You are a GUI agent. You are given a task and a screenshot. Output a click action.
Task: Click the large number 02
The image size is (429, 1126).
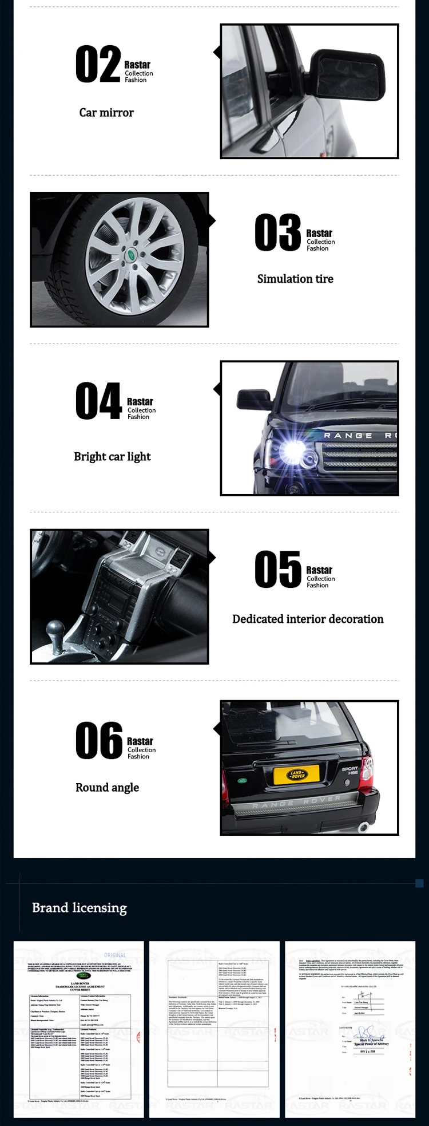98,65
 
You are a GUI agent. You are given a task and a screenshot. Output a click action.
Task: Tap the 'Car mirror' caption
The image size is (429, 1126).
106,113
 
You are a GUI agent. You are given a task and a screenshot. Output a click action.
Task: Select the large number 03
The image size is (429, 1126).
277,232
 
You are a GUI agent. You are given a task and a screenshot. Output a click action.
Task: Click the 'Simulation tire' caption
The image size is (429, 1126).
295,279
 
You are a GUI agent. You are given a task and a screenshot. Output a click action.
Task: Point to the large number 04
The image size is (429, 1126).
98,401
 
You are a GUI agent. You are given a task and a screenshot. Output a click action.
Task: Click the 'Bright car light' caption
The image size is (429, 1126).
112,456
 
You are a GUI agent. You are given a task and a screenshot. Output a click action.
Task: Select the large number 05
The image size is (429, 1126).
277,570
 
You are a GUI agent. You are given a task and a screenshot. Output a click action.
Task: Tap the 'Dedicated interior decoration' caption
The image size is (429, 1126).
308,619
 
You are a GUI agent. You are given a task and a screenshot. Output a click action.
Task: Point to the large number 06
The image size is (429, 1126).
98,741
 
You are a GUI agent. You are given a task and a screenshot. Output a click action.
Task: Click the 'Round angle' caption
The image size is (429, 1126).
107,787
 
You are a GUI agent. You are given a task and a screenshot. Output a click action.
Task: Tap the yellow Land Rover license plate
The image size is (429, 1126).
297,775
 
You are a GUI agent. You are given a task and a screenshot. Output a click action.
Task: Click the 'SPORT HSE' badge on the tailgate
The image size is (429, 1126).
349,771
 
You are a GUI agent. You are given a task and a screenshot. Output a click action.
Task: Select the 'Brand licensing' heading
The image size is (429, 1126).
80,907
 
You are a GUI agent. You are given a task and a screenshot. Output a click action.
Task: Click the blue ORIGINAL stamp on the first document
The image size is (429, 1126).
115,955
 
